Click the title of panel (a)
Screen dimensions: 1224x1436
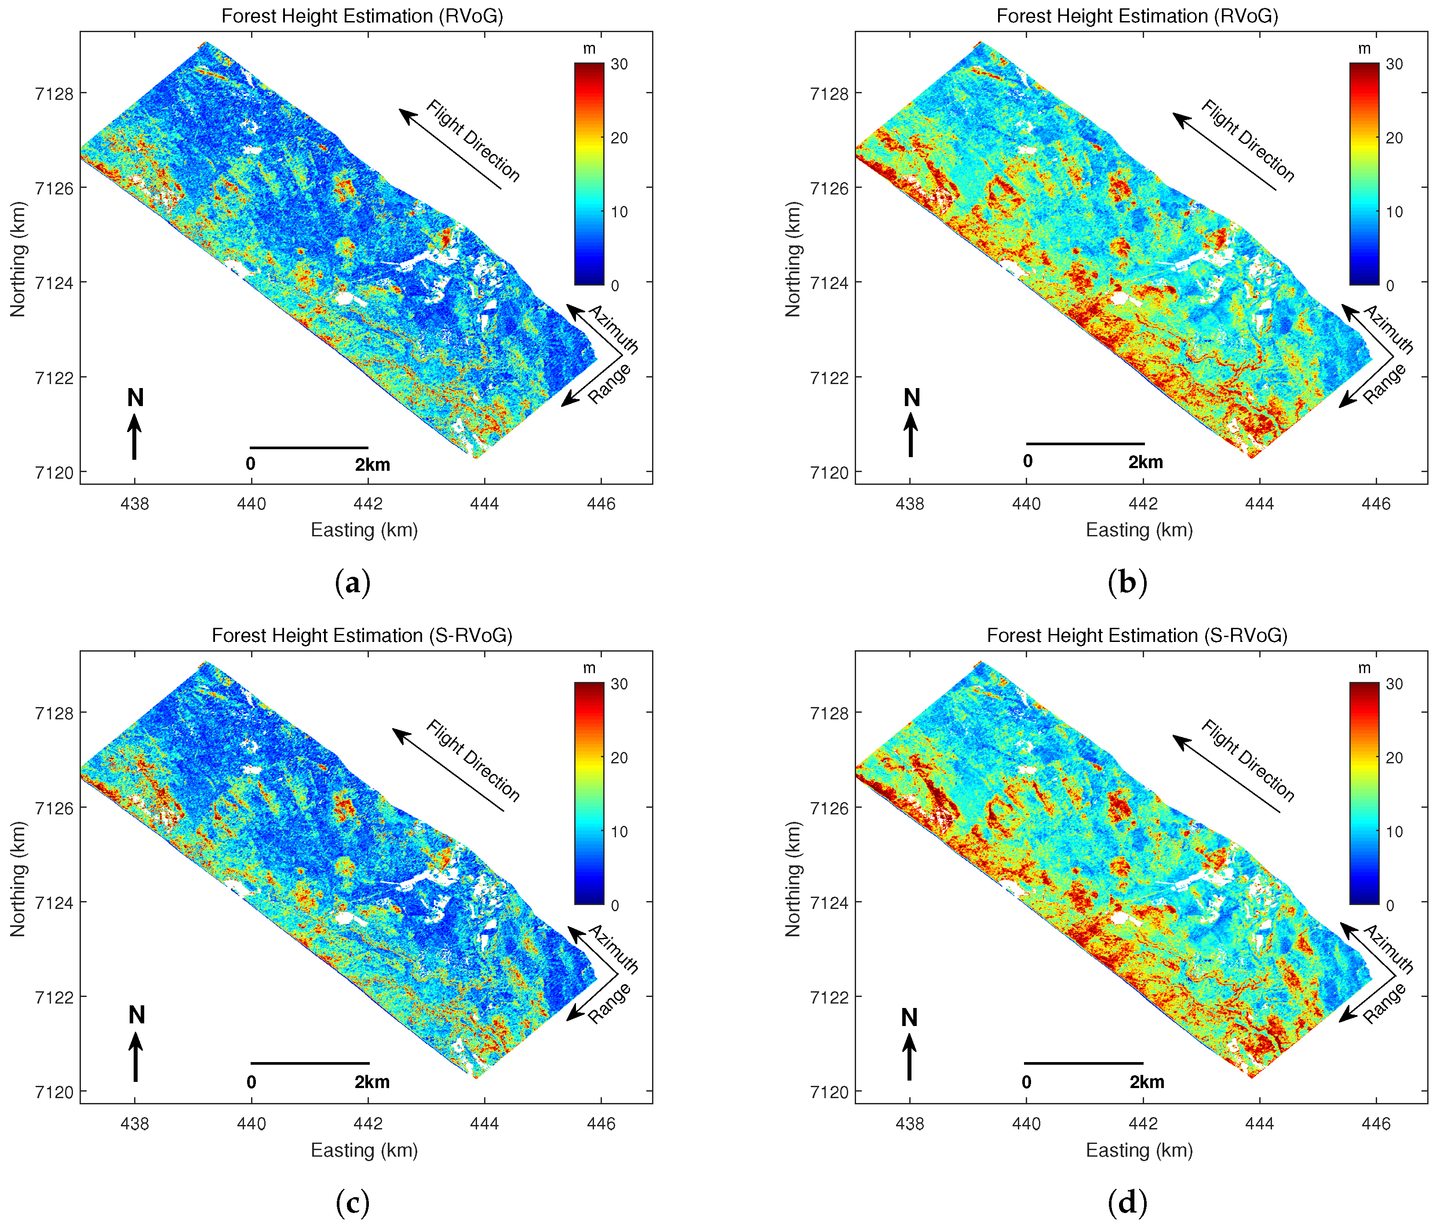tap(362, 16)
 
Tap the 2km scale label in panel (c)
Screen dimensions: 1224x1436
tap(372, 1082)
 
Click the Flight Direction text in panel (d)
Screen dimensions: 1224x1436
tap(1247, 761)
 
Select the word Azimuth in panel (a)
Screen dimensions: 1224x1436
tap(613, 330)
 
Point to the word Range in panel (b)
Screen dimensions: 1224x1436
tap(1384, 384)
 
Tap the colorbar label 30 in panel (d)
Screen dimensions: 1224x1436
tap(1394, 684)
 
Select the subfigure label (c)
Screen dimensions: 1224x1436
tap(352, 1202)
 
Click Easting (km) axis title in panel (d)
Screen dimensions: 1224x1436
tap(1139, 1150)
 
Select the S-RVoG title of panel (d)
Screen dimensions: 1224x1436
tap(1137, 635)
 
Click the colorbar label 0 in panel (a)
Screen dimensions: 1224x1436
tap(615, 285)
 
